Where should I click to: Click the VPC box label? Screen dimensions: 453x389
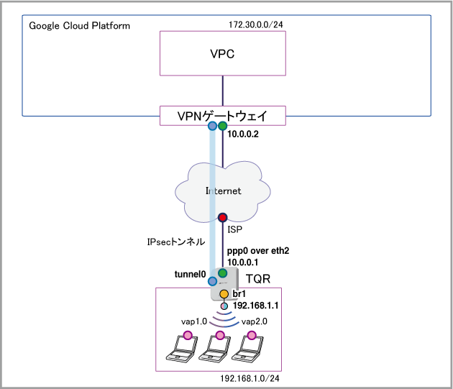click(222, 54)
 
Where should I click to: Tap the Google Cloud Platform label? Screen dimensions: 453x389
click(79, 26)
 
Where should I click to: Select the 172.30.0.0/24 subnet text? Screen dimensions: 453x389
click(256, 24)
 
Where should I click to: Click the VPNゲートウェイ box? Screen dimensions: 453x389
click(223, 116)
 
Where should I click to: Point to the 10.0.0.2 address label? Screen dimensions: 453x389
click(243, 134)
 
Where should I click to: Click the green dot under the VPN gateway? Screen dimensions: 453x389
click(222, 126)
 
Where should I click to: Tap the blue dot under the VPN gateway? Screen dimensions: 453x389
click(212, 126)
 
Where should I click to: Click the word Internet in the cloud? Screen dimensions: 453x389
click(224, 191)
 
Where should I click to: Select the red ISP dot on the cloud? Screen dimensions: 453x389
click(222, 217)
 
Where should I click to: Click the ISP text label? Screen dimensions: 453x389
click(234, 229)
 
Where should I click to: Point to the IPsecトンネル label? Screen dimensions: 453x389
click(176, 242)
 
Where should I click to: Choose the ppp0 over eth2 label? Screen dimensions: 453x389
click(258, 251)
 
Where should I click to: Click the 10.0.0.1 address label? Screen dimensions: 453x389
click(243, 262)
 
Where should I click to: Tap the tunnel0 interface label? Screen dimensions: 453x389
click(190, 274)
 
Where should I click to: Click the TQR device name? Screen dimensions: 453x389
click(258, 279)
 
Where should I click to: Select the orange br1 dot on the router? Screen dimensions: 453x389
click(224, 294)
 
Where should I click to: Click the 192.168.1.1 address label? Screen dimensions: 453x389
click(256, 306)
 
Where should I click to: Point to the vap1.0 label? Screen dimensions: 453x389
click(194, 321)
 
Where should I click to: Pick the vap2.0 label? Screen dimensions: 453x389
click(255, 321)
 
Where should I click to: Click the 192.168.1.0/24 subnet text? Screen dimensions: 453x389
click(250, 378)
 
